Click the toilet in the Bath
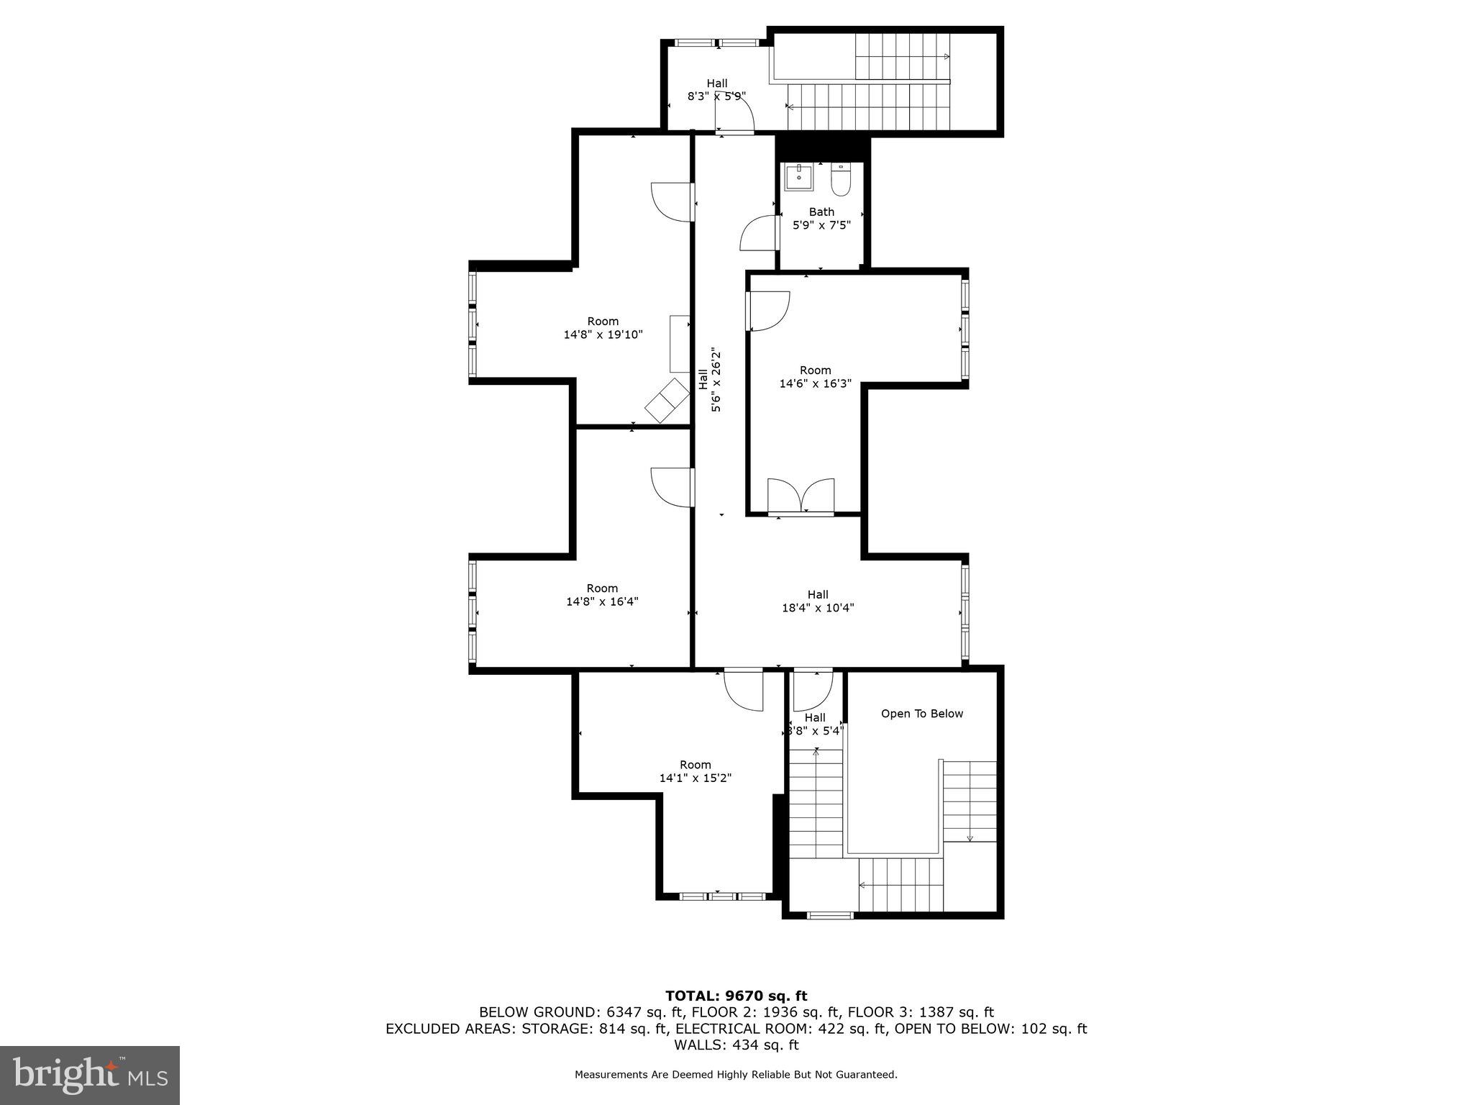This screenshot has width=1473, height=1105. pos(840,180)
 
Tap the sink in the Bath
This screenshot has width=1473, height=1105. pos(798,177)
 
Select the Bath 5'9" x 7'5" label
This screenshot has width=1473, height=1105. pos(821,218)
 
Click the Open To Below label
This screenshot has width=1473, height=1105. pos(921,714)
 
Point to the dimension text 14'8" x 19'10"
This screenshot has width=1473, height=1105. pos(603,335)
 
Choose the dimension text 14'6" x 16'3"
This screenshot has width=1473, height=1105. pos(815,383)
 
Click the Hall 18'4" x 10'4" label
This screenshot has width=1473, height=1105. pos(818,601)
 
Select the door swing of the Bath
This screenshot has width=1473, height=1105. pos(760,233)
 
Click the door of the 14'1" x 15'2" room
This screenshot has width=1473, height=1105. pos(743,689)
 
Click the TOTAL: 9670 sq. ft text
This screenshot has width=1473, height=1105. pos(736,996)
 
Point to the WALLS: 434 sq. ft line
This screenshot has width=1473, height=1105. pos(736,1045)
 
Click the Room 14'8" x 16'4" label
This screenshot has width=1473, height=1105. pos(602,595)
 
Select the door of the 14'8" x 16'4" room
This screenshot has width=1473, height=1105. pos(672,486)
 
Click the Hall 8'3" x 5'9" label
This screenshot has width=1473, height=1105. pos(716,89)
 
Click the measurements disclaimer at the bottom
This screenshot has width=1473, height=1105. pos(736,1075)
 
